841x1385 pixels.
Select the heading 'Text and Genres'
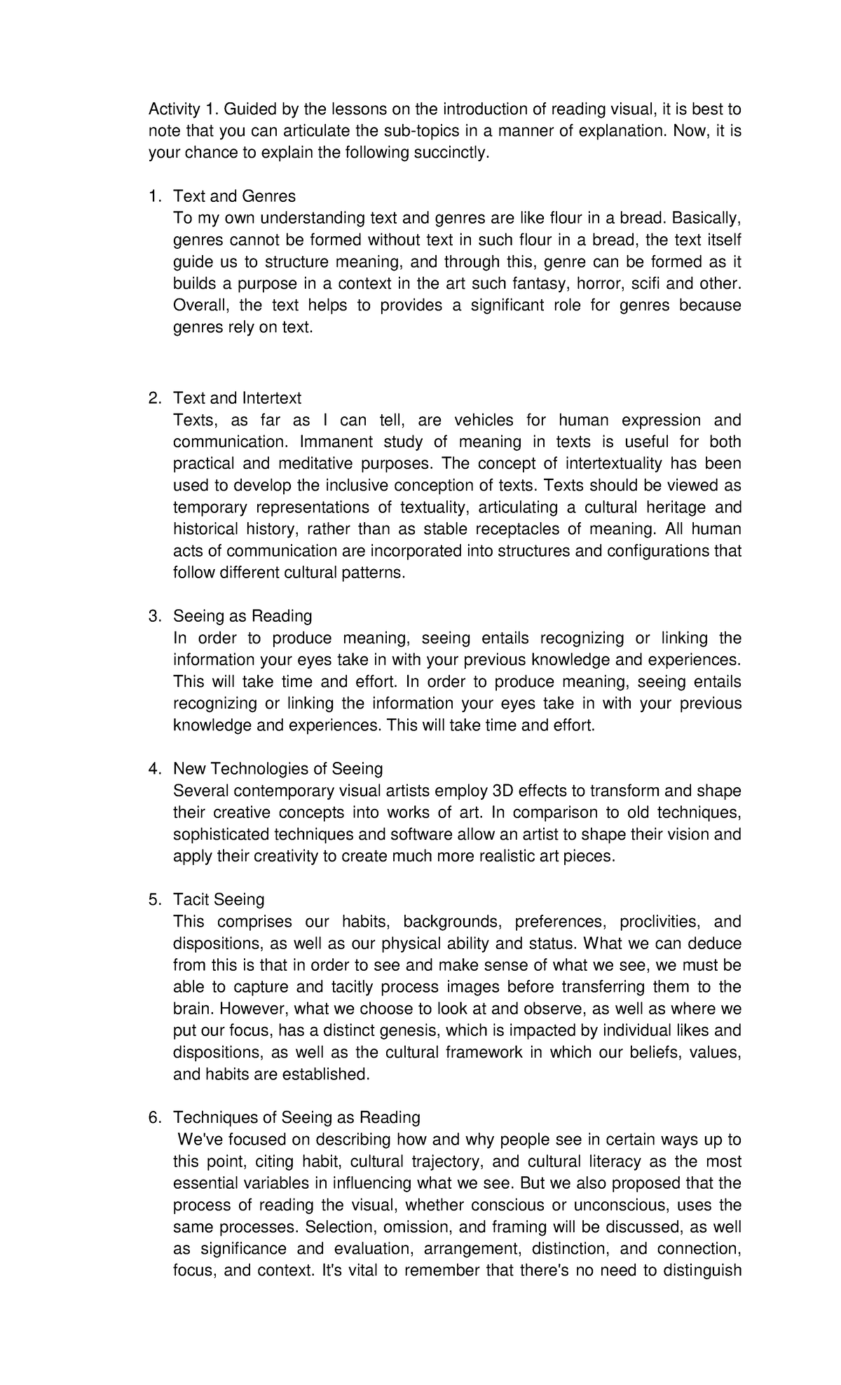pos(234,196)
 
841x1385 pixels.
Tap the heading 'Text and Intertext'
pos(237,398)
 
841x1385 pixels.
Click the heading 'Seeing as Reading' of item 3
pos(242,616)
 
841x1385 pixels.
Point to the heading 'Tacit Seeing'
pos(219,899)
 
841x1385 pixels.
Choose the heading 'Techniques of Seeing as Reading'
pos(296,1117)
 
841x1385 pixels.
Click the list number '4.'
pos(154,769)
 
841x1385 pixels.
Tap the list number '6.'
pos(154,1117)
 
